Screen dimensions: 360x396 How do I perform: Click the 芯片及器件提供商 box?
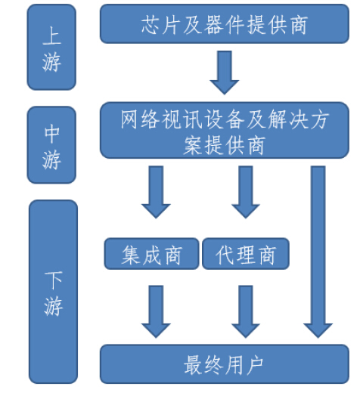point(225,23)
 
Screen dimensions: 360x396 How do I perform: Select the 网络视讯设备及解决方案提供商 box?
point(225,130)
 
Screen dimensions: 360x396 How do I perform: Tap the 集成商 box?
point(152,254)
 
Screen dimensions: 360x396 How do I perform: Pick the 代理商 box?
point(246,254)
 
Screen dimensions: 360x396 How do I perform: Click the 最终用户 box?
point(225,364)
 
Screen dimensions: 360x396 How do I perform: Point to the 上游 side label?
point(51,47)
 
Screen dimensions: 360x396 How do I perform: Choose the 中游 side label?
point(51,145)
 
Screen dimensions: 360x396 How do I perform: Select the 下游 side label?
point(54,292)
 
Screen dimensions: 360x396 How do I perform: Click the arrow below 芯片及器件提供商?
point(225,73)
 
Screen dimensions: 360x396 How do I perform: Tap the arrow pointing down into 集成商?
point(156,192)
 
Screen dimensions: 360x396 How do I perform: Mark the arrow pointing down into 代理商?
point(246,192)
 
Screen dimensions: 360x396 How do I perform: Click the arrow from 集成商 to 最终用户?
point(156,311)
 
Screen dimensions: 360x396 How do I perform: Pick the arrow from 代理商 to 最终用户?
point(246,311)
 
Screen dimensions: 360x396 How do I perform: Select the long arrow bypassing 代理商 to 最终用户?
point(318,252)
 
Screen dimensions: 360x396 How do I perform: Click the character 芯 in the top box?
point(151,24)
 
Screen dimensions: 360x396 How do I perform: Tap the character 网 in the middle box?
point(130,119)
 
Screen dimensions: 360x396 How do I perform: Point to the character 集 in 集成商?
point(131,255)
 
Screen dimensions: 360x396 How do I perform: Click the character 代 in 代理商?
point(225,255)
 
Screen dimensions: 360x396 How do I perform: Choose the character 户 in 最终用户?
point(254,365)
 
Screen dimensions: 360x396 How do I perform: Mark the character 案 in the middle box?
point(193,145)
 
